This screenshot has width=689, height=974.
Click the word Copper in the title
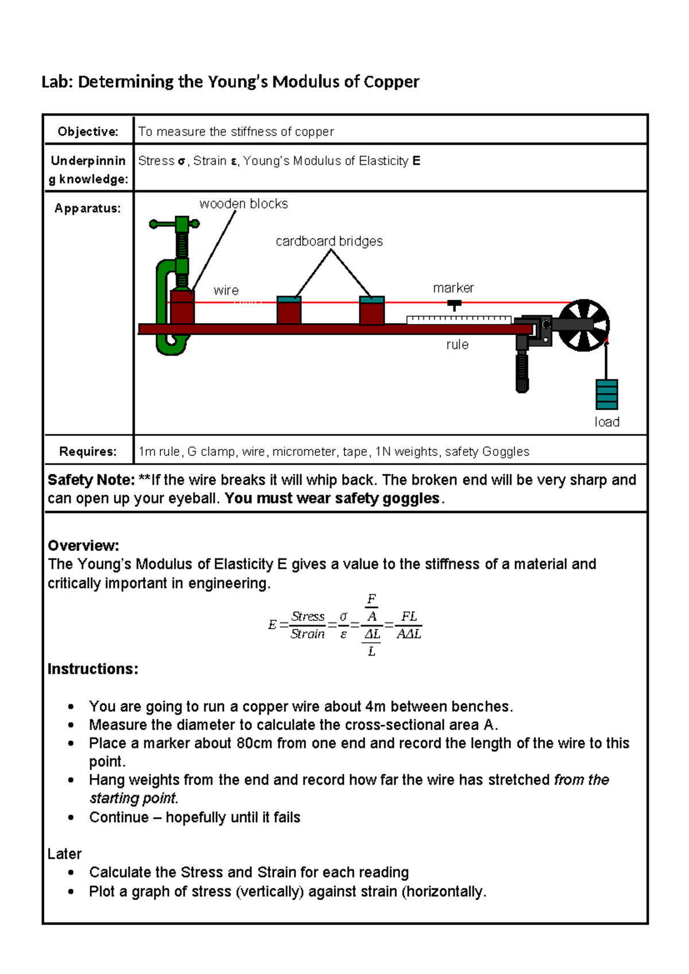(391, 82)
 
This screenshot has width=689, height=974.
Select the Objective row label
(88, 132)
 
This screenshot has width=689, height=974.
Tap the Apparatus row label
(88, 208)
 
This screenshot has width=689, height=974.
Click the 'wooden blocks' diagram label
(243, 204)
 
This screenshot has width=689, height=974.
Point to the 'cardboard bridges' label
(329, 241)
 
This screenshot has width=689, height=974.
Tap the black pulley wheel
(584, 325)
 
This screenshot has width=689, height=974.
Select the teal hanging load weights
(606, 395)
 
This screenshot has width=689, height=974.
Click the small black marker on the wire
(454, 304)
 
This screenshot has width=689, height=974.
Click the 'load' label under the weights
(607, 422)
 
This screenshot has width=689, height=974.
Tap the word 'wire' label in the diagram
(226, 291)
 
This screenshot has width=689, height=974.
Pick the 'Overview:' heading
(83, 546)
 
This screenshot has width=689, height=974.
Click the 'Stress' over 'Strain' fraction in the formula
(308, 625)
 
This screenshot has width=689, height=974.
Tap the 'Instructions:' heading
(92, 669)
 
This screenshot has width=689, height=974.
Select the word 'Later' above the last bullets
(64, 854)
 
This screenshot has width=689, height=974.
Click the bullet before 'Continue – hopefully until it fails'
(71, 818)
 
